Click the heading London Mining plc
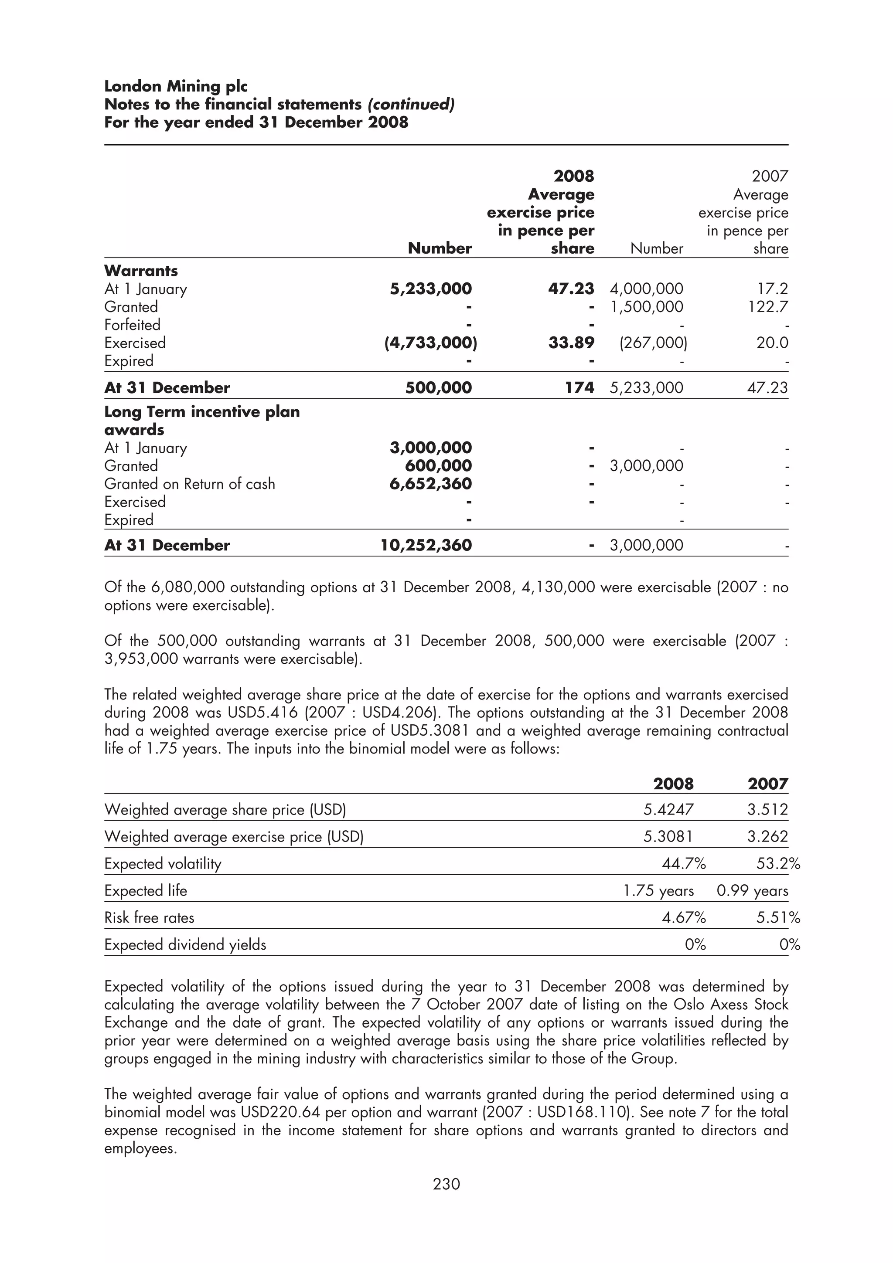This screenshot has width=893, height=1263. point(176,86)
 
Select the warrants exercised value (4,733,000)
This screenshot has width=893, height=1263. point(430,343)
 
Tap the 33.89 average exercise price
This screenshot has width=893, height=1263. point(571,343)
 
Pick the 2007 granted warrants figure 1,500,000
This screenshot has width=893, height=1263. point(647,307)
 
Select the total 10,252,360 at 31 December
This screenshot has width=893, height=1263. point(426,545)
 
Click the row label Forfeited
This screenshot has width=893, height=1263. point(132,325)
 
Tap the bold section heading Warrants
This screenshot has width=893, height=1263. point(141,271)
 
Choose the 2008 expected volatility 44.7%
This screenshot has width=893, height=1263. point(683,864)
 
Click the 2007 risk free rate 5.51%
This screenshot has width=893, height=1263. point(778,917)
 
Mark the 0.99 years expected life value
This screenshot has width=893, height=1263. point(752,890)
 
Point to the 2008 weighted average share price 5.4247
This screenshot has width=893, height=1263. point(668,810)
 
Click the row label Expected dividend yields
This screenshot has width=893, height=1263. point(185,944)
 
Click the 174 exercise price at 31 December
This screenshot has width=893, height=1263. point(579,388)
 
